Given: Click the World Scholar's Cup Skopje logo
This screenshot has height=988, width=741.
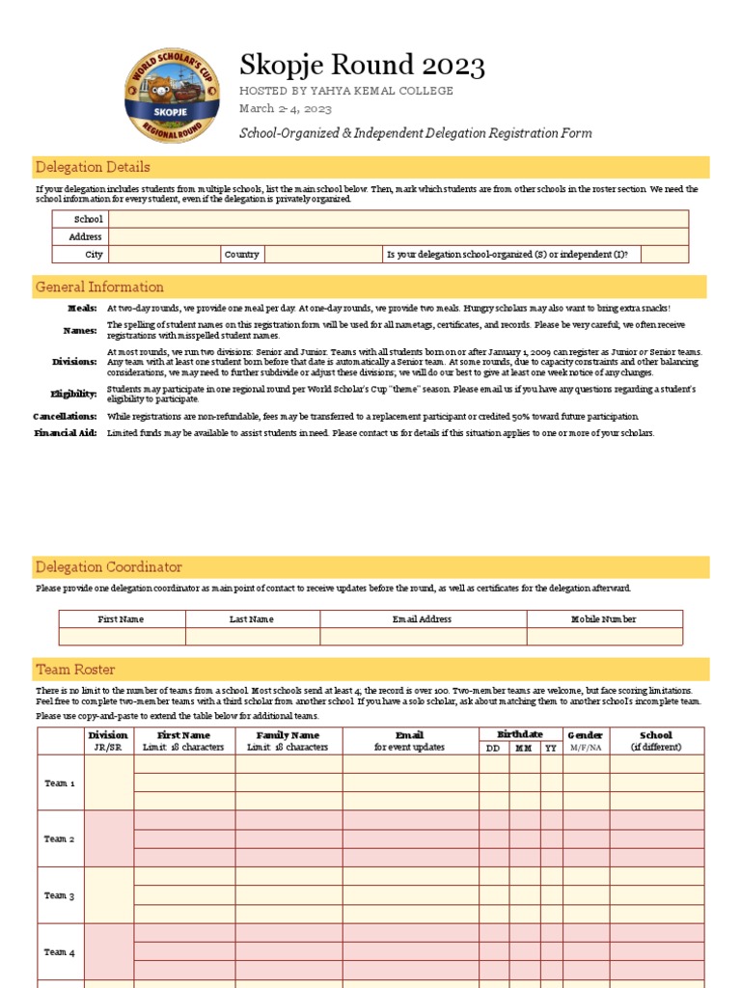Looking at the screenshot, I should pyautogui.click(x=171, y=96).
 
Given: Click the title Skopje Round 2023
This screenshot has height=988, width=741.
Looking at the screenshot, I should pyautogui.click(x=362, y=66).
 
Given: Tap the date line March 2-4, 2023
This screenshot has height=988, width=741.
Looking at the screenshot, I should pyautogui.click(x=286, y=108).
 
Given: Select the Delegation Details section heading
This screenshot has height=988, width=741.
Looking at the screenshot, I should pyautogui.click(x=93, y=167).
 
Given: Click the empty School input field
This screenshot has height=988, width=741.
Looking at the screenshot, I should pyautogui.click(x=398, y=219).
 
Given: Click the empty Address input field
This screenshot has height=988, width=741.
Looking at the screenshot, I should pyautogui.click(x=398, y=236).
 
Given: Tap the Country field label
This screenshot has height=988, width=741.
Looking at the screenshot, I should pyautogui.click(x=241, y=255).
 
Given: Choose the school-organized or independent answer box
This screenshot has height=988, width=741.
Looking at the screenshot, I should pyautogui.click(x=664, y=255).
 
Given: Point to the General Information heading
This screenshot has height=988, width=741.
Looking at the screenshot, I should pyautogui.click(x=99, y=287).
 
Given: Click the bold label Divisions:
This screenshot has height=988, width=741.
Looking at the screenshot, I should pyautogui.click(x=74, y=362).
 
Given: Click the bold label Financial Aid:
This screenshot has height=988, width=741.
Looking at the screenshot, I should pyautogui.click(x=66, y=434).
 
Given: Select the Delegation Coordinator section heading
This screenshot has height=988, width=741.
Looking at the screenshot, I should pyautogui.click(x=108, y=566).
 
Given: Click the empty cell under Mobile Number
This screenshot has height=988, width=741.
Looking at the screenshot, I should pyautogui.click(x=604, y=637).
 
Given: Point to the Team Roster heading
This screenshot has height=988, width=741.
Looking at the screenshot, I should pyautogui.click(x=75, y=669).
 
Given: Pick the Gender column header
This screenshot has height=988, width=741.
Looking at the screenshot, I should pyautogui.click(x=585, y=735).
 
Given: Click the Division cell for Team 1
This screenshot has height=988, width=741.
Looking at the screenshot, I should pyautogui.click(x=108, y=782).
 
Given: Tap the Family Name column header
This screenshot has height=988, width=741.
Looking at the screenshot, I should pyautogui.click(x=288, y=735).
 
